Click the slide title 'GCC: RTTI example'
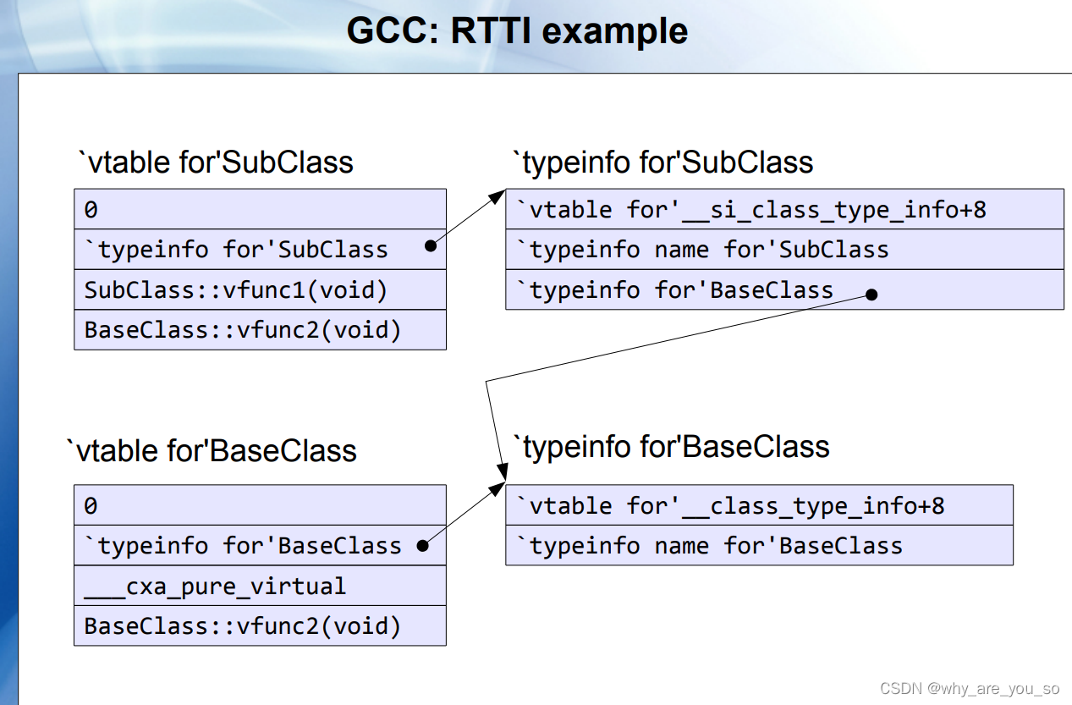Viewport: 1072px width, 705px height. point(517,31)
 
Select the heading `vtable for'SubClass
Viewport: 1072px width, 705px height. point(215,162)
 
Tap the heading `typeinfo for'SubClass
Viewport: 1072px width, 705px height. point(662,162)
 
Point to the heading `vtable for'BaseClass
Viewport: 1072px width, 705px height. point(212,450)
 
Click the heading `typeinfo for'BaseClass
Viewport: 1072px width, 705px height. point(672,447)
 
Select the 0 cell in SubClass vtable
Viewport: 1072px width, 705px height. point(260,209)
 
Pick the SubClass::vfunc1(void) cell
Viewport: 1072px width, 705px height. point(260,290)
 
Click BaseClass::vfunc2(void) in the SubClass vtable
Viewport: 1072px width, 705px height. point(260,329)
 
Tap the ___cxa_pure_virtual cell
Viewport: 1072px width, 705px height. point(260,586)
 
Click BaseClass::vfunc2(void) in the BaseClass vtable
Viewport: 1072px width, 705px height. point(260,626)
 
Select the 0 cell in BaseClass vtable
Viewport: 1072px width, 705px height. point(260,505)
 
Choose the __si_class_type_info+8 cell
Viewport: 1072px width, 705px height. point(784,209)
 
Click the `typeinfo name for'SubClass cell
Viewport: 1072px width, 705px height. point(784,250)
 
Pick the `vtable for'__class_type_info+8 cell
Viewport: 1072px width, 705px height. point(759,505)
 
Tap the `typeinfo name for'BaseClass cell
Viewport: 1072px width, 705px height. point(759,546)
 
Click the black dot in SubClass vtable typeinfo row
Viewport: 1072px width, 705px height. point(431,246)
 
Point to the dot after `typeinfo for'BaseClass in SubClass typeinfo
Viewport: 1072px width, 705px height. point(871,295)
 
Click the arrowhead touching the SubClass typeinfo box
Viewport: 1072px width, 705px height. point(498,197)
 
